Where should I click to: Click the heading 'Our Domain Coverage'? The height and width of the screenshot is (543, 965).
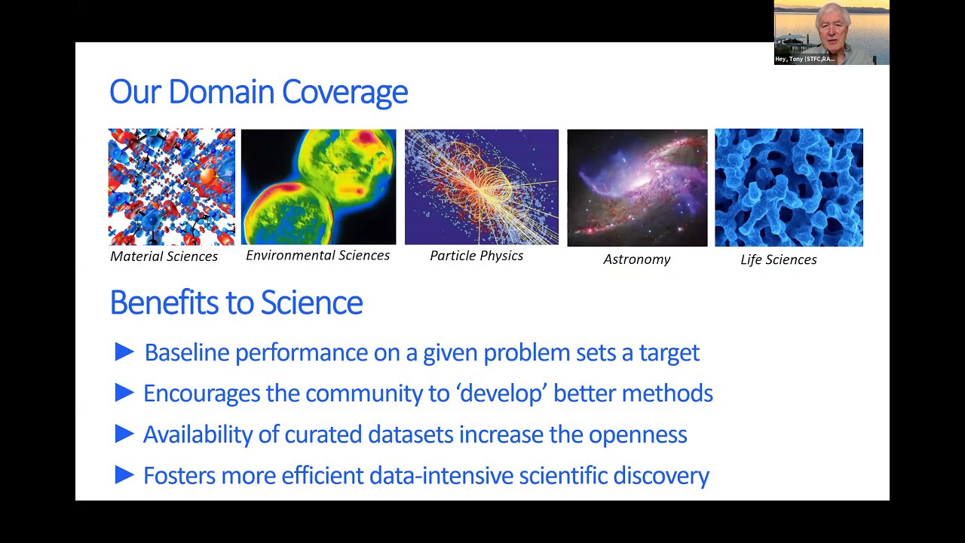click(x=259, y=92)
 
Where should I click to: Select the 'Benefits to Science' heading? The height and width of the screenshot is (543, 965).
click(x=236, y=302)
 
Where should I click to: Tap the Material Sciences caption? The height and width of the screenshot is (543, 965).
click(x=164, y=256)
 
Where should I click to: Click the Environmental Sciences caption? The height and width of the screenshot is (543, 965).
click(x=317, y=256)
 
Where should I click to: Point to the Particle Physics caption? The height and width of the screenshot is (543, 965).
click(x=476, y=256)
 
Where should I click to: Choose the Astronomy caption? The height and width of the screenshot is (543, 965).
click(x=636, y=259)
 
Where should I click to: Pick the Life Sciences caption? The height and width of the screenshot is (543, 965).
click(x=778, y=259)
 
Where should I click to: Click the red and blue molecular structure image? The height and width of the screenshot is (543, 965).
click(x=172, y=186)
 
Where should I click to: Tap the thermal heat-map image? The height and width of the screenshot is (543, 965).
click(x=318, y=186)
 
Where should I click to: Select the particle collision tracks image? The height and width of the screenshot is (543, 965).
click(x=482, y=186)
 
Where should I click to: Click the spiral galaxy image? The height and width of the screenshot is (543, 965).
click(x=637, y=188)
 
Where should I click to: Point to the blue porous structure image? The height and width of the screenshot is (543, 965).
click(x=789, y=187)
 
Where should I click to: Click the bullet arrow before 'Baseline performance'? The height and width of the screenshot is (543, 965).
click(x=124, y=351)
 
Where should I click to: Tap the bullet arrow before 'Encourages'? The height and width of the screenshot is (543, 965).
click(x=124, y=392)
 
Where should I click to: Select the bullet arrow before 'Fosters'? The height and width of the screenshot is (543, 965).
click(x=124, y=474)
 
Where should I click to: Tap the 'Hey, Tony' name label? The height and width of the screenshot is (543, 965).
click(x=804, y=59)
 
